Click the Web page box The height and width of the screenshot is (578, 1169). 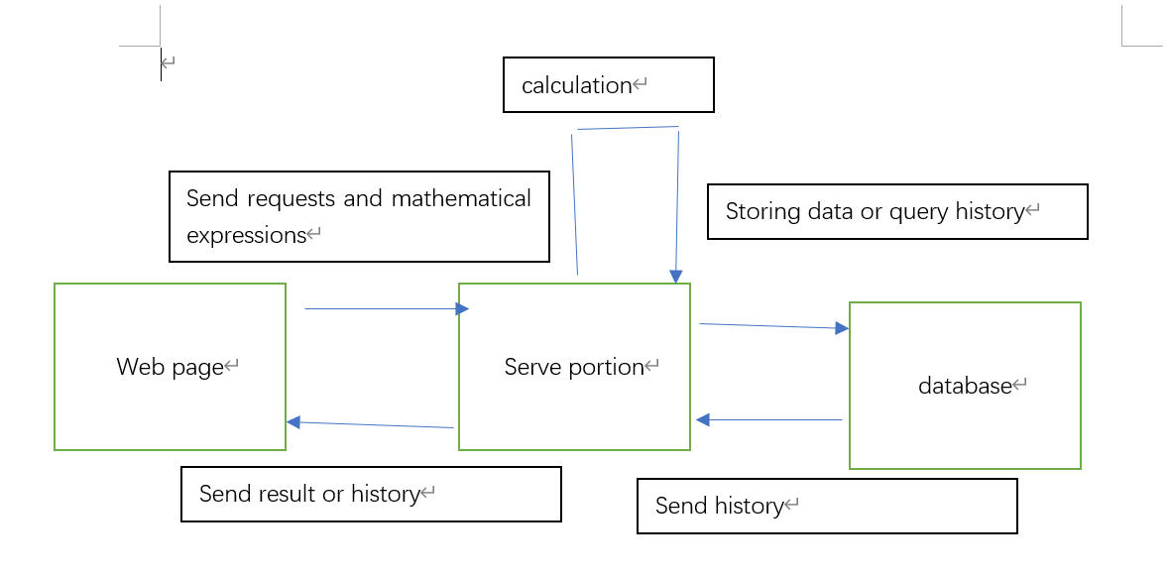[x=170, y=367]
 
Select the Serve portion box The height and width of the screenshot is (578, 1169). [x=574, y=367]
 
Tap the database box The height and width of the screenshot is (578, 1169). [x=965, y=386]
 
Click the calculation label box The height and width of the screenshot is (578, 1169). [x=608, y=85]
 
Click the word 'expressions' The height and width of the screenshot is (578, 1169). [x=246, y=235]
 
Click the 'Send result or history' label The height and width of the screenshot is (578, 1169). [x=371, y=494]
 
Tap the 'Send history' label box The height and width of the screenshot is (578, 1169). [x=827, y=506]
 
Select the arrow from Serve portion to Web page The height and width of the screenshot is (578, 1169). [x=372, y=424]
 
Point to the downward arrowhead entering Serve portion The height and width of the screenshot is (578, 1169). [x=676, y=277]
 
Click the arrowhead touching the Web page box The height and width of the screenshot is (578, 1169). [x=293, y=422]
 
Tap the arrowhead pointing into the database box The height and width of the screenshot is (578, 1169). [x=842, y=328]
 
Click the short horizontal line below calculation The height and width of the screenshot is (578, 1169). [x=627, y=128]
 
